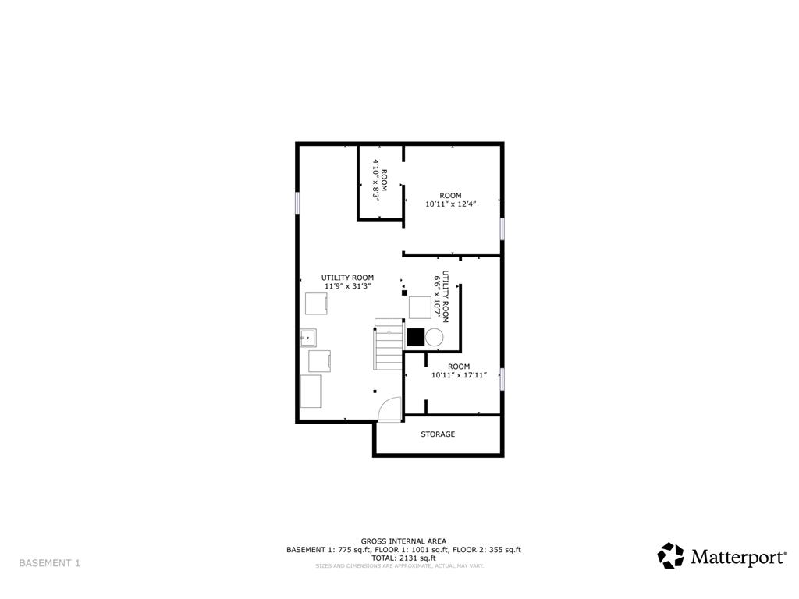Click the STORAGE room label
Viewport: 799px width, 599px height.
point(438,434)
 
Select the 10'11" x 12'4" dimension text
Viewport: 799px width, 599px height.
point(450,204)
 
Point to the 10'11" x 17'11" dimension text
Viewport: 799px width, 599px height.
point(459,375)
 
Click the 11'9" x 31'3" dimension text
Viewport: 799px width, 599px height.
point(347,286)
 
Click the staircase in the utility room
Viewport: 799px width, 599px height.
point(388,344)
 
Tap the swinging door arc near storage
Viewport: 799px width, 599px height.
point(388,409)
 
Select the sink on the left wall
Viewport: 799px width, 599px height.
point(308,338)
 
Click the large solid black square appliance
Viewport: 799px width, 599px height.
point(415,337)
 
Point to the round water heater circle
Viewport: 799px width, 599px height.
point(434,337)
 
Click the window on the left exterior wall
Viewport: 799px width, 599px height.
point(297,202)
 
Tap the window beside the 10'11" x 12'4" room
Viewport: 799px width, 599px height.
point(502,229)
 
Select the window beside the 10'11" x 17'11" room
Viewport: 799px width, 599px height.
point(502,378)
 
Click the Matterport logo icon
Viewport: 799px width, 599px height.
point(670,555)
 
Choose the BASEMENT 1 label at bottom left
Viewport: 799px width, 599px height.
point(49,563)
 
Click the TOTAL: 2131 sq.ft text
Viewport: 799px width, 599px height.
point(403,558)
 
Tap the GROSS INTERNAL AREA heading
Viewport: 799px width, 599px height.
point(403,541)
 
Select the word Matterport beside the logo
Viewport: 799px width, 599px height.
point(737,557)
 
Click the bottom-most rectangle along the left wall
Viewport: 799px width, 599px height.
point(311,392)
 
